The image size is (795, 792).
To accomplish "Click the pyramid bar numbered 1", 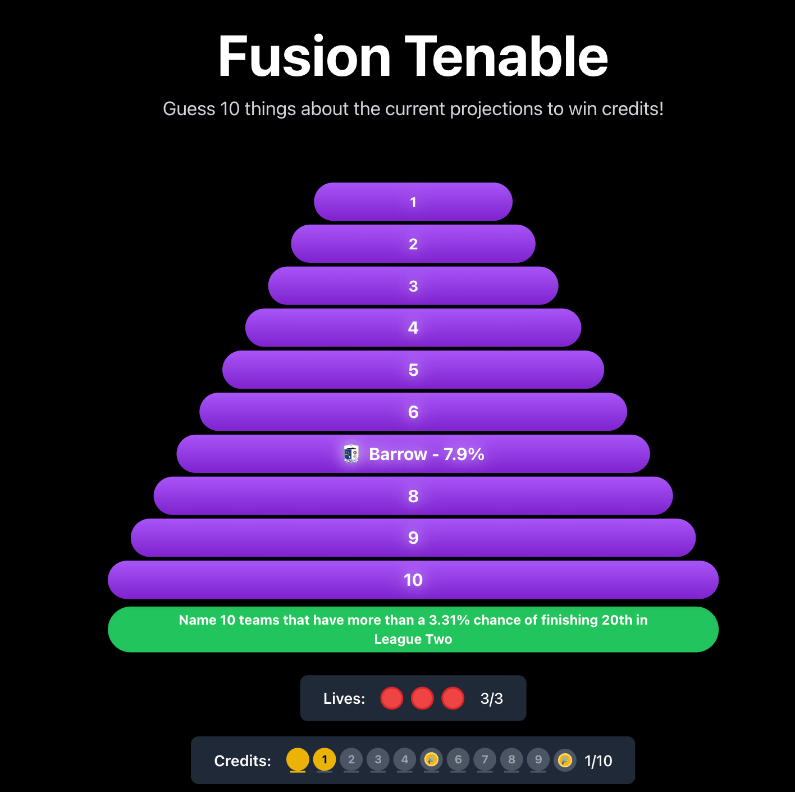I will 413,202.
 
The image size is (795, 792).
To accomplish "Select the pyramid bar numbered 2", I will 413,244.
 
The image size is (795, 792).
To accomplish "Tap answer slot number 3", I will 413,286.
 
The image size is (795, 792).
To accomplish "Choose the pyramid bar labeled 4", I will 413,327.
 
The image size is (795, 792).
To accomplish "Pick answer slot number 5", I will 413,370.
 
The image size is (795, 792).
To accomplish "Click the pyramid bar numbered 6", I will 413,412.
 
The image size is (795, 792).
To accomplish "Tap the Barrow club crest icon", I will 351,454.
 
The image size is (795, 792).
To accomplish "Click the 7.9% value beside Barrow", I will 464,454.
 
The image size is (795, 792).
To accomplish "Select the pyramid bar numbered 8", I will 413,496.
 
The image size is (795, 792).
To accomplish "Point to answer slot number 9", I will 413,538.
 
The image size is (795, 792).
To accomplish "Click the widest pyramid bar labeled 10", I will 413,580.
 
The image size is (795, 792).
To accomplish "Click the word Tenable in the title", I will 506,57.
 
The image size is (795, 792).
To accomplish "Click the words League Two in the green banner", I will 413,639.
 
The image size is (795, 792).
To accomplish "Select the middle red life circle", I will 422,698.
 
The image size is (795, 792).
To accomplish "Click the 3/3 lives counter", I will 491,699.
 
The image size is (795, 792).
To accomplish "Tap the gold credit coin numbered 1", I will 325,759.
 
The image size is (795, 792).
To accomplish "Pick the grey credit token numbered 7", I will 485,759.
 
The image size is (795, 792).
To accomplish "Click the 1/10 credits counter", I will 598,761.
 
